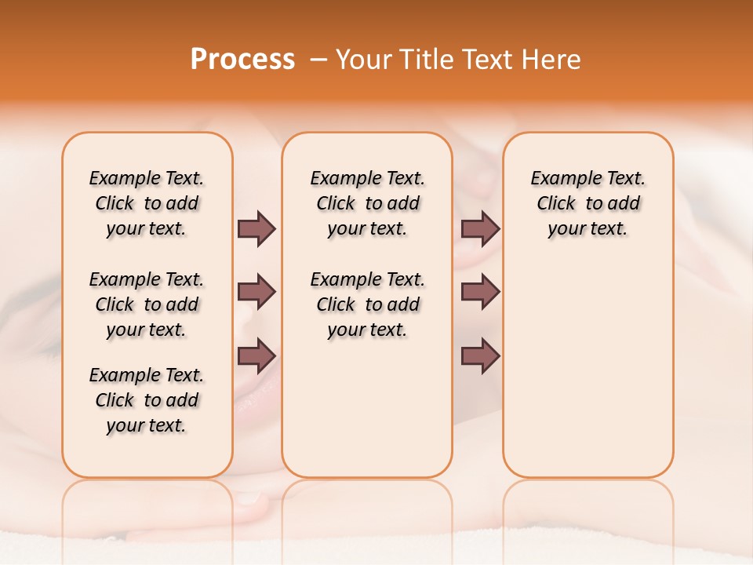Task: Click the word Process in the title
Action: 242,60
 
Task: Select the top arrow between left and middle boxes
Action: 256,228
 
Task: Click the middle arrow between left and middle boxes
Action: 256,292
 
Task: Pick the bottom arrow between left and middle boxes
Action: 256,356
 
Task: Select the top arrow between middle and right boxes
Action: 480,228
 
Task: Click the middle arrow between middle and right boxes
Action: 480,292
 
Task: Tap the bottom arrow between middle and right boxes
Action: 480,356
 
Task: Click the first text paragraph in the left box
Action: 147,203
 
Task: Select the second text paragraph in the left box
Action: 147,304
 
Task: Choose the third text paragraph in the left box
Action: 147,400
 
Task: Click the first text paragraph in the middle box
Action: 367,203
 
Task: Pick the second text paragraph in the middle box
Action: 367,304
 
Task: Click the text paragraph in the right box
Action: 587,203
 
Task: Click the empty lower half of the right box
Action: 587,377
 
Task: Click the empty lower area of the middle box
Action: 367,408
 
